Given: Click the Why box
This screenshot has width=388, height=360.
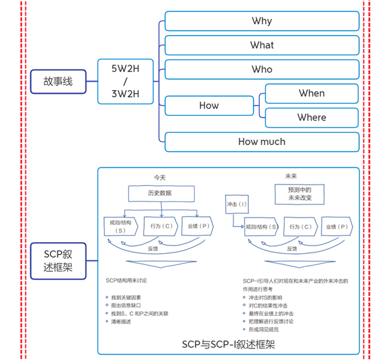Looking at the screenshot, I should (262, 21).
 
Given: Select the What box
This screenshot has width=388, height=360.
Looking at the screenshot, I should (262, 45).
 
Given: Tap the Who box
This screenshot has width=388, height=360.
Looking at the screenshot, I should (262, 69).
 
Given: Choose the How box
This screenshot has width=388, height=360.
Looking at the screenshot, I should (209, 106).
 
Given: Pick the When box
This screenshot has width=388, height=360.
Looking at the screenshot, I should (312, 93).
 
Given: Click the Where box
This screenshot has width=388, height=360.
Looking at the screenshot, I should (312, 117).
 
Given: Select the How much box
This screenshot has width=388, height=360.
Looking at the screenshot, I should (262, 142).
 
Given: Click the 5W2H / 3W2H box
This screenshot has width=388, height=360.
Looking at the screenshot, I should (126, 82).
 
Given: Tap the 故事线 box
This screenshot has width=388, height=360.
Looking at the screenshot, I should (58, 82).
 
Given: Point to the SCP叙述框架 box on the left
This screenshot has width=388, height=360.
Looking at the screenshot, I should (58, 260).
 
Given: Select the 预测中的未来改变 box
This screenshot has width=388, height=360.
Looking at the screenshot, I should (299, 193).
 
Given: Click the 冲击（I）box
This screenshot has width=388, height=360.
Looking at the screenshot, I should (237, 204).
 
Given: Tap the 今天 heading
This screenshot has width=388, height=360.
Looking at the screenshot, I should (160, 176).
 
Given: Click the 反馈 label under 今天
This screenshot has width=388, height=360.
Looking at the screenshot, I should (153, 248).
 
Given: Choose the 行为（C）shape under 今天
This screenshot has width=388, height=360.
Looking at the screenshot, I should (160, 226).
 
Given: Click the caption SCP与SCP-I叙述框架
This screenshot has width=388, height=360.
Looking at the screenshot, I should (228, 344).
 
